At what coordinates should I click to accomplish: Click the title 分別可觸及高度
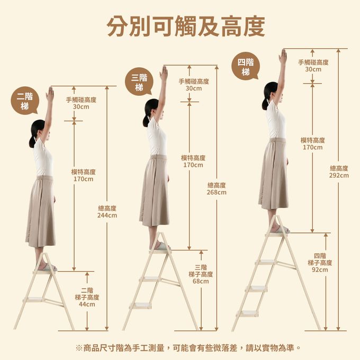point(186,26)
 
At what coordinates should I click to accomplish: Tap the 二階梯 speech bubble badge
point(25,101)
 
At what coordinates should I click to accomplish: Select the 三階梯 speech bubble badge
point(139,82)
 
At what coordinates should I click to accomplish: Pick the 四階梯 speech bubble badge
point(246,66)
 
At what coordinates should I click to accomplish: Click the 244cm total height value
point(107,215)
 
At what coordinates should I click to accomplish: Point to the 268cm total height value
point(217,192)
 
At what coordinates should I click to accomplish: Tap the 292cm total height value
point(339,175)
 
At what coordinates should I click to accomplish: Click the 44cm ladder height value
point(87,304)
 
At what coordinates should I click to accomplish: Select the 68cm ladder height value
point(201,281)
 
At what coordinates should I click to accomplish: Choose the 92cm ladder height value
point(320,269)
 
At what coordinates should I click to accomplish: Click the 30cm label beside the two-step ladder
point(81,107)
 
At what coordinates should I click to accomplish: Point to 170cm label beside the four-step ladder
point(312,147)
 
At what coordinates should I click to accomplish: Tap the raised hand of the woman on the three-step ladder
point(164,74)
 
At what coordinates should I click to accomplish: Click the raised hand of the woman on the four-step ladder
point(283,57)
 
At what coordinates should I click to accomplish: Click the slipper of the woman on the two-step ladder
point(49,267)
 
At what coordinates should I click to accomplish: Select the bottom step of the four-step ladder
point(248,313)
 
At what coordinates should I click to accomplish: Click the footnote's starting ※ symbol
point(79,348)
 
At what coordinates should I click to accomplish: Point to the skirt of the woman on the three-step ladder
point(154,191)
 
